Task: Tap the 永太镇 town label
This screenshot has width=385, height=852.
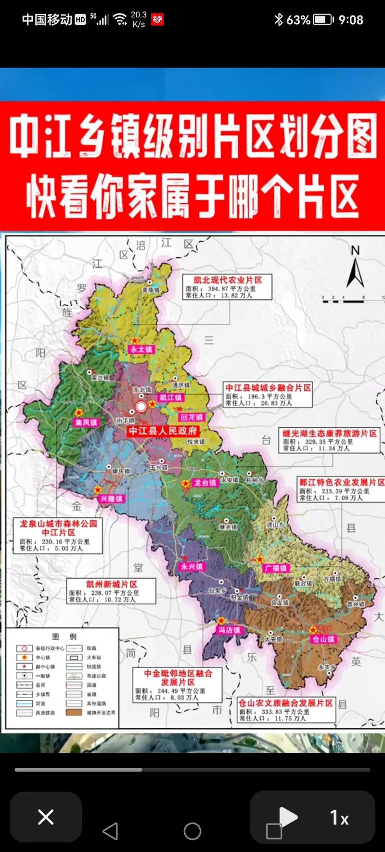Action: (141, 350)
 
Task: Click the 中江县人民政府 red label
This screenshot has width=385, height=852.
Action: (163, 431)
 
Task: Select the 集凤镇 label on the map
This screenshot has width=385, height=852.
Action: (86, 422)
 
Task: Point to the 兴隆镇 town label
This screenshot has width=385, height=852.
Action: (111, 498)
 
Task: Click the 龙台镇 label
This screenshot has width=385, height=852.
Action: (205, 483)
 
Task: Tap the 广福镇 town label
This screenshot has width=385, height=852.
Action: (276, 568)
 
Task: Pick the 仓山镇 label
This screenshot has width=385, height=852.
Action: (323, 639)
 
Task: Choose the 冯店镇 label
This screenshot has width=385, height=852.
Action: (229, 630)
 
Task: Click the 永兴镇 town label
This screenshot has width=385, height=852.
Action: (192, 567)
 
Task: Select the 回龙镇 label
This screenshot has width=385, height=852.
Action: (192, 417)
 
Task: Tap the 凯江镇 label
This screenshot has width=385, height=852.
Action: (171, 398)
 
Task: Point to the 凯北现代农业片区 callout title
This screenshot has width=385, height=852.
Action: (228, 280)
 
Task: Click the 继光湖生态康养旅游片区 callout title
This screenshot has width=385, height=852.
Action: (329, 433)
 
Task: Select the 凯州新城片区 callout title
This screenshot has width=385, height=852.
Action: (112, 584)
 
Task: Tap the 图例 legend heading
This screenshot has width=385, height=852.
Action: (64, 636)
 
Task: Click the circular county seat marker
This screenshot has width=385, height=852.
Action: (141, 407)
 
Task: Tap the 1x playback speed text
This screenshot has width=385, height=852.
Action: (339, 817)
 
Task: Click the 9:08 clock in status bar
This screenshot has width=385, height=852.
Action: (351, 20)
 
